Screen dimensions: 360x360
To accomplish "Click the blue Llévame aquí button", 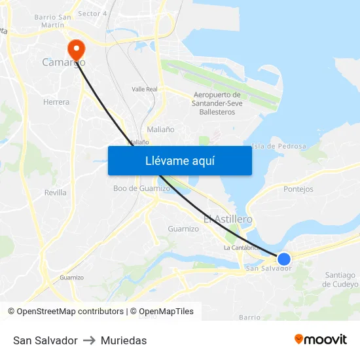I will coord(179,160).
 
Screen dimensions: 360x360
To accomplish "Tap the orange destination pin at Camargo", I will coord(76,48).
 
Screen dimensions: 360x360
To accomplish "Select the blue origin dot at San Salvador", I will coord(284,259).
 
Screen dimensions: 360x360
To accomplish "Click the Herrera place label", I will coord(56,102).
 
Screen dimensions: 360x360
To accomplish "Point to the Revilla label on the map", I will coord(55,192).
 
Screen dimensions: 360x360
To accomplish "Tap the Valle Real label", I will coord(145,89).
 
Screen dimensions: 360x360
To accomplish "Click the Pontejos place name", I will coord(298,189).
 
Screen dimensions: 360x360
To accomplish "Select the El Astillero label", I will coord(228,219).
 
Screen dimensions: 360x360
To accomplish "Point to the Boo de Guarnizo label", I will coord(141,189).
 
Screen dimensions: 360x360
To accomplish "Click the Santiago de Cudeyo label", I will coord(340,279).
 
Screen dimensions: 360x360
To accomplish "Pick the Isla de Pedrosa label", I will coord(279,146).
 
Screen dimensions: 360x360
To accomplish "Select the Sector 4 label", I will coord(92,14).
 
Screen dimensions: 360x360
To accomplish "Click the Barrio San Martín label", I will coord(52,20).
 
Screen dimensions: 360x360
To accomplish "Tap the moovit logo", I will coord(321,340).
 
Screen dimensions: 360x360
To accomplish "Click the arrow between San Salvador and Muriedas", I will coord(89,340).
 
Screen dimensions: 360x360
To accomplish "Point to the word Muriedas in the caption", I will coord(124,340).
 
